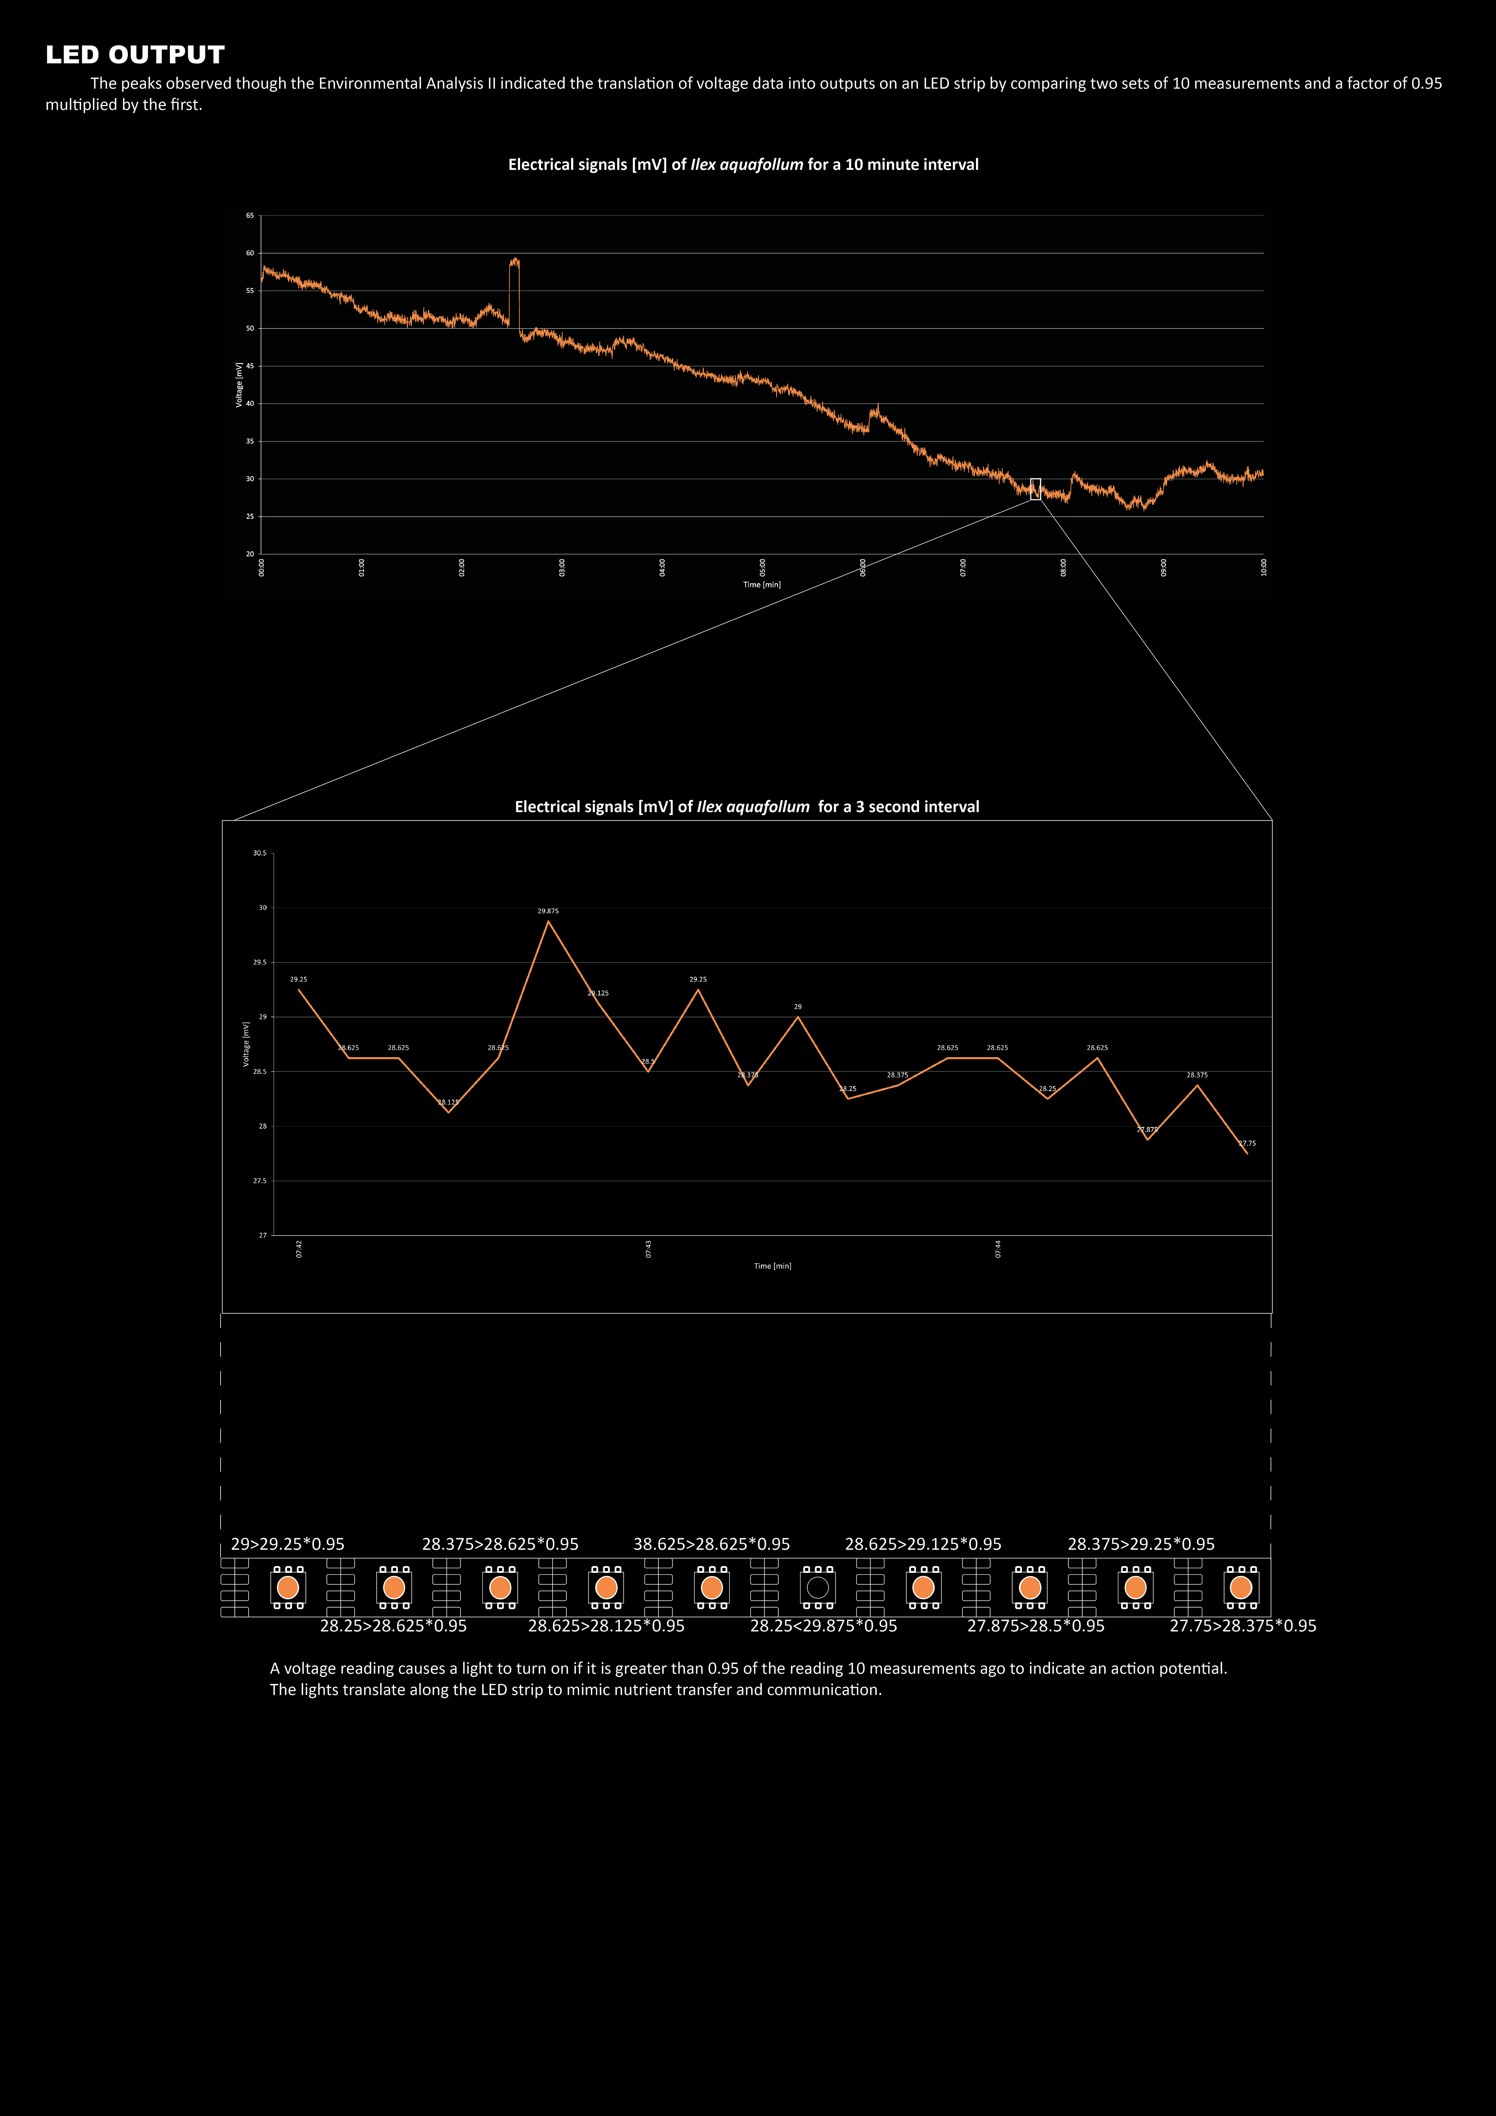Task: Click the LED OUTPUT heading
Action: pyautogui.click(x=134, y=55)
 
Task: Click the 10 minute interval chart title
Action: pyautogui.click(x=743, y=165)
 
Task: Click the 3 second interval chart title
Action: pyautogui.click(x=746, y=807)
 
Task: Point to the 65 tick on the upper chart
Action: pyautogui.click(x=250, y=216)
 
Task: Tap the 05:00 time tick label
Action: pyautogui.click(x=762, y=568)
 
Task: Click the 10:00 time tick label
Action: pyautogui.click(x=1263, y=568)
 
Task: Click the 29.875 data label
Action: pyautogui.click(x=549, y=911)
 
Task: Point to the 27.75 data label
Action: pyautogui.click(x=1247, y=1144)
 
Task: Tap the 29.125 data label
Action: pyautogui.click(x=598, y=994)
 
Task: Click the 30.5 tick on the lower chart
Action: pyautogui.click(x=260, y=853)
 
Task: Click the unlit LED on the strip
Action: pyautogui.click(x=818, y=1587)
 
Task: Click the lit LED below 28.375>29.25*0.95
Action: pyautogui.click(x=1136, y=1587)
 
